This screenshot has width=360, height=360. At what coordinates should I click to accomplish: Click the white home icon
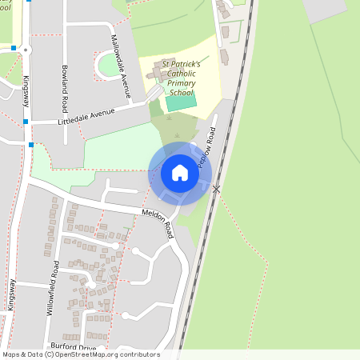(179, 173)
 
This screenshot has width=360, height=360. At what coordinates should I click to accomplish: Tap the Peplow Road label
(207, 146)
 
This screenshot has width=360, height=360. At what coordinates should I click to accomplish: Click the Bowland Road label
(64, 80)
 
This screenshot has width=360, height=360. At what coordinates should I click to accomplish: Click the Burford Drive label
(74, 346)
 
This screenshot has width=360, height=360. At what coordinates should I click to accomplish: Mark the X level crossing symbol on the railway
(216, 188)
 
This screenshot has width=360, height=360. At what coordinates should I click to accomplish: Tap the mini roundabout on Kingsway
(26, 50)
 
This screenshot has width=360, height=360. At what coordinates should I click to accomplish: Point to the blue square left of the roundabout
(14, 48)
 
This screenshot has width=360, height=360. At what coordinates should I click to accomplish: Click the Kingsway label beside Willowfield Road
(11, 294)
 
